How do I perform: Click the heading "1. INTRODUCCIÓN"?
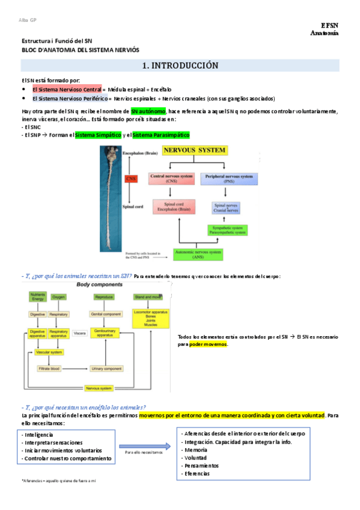(x=180, y=66)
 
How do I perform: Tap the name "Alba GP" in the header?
(x=27, y=20)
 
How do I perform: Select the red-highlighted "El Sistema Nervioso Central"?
(x=67, y=89)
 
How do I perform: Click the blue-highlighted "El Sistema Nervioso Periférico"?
(x=70, y=98)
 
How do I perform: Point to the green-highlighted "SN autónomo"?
(x=148, y=111)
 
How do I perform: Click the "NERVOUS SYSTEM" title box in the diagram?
(x=195, y=150)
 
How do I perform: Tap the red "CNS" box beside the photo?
(x=130, y=179)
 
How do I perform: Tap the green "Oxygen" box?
(x=59, y=297)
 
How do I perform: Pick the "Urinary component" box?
(x=108, y=367)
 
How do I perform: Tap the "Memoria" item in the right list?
(x=196, y=450)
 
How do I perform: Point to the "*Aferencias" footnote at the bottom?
(x=58, y=481)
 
